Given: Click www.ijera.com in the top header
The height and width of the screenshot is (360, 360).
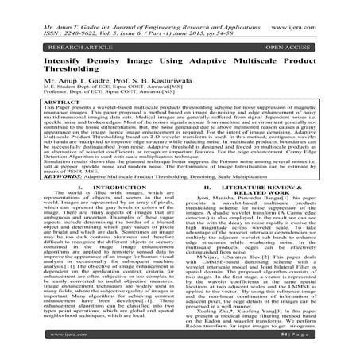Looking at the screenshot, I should [x=321, y=10].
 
